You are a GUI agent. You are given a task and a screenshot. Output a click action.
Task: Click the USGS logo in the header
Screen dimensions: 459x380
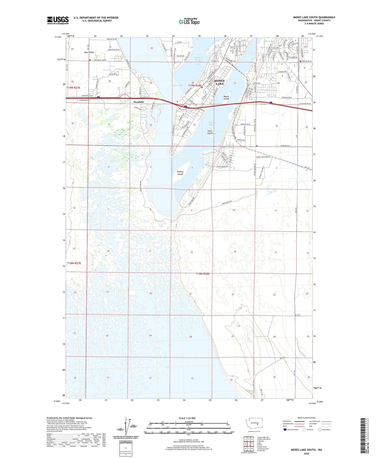(58, 20)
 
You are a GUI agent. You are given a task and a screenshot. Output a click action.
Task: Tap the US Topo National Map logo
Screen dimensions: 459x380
(188, 22)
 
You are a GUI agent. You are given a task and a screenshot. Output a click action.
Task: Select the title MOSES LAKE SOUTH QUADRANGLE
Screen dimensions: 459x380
(314, 17)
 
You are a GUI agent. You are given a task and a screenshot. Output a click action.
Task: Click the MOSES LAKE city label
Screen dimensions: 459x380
(220, 82)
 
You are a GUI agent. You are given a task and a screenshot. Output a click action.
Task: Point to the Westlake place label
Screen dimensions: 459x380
(139, 102)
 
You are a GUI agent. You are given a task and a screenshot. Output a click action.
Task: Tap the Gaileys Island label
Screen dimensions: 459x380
(180, 173)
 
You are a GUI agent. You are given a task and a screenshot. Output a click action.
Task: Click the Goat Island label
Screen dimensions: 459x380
(210, 132)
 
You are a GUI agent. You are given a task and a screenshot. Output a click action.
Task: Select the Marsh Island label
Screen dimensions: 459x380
(226, 98)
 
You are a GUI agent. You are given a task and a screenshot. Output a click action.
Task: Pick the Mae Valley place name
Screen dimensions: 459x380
(89, 52)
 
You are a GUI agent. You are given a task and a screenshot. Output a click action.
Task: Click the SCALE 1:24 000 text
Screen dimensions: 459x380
(187, 418)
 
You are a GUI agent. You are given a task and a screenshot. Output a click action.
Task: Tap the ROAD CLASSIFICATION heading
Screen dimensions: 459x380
(306, 418)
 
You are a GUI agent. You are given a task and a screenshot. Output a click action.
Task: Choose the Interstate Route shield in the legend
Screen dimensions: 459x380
(285, 430)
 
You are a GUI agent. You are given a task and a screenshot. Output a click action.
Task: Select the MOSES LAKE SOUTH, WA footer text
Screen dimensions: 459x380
(306, 450)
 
